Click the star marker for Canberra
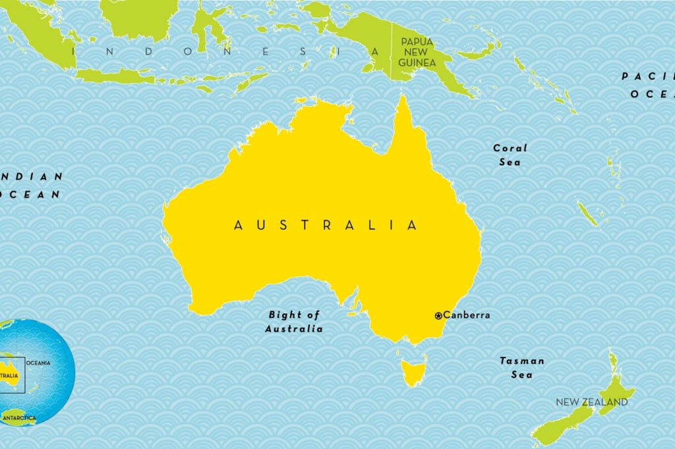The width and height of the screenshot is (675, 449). pyautogui.click(x=438, y=316)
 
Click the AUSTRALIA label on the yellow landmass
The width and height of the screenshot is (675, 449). pyautogui.click(x=326, y=225)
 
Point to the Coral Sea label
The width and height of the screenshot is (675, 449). pyautogui.click(x=510, y=155)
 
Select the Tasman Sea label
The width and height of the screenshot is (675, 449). pyautogui.click(x=522, y=367)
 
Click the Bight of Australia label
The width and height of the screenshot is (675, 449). pyautogui.click(x=294, y=322)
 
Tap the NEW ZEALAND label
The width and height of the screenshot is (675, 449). pyautogui.click(x=591, y=402)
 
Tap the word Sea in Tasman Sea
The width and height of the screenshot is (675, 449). pyautogui.click(x=522, y=375)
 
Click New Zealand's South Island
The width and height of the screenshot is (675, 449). pyautogui.click(x=567, y=421)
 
